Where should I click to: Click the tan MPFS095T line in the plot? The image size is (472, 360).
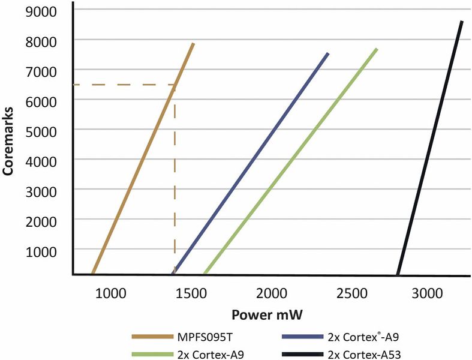(143, 159)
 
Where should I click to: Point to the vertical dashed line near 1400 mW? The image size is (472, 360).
(175, 180)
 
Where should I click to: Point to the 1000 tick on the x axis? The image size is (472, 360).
(112, 293)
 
